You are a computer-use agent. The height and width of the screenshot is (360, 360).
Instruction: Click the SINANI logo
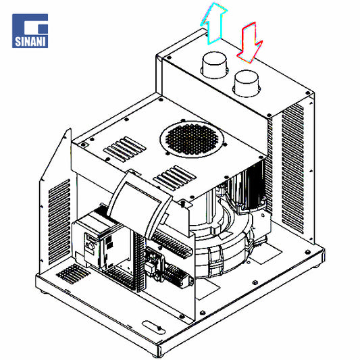click(30, 31)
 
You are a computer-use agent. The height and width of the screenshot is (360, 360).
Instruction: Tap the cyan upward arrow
click(213, 23)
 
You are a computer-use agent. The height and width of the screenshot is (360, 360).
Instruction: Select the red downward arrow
click(250, 43)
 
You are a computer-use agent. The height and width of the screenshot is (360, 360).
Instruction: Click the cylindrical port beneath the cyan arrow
click(214, 66)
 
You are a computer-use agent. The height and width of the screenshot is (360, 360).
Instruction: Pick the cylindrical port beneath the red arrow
click(247, 84)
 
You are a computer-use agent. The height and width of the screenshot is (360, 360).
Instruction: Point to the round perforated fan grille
click(192, 139)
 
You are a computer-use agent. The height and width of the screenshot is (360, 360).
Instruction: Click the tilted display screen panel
click(139, 204)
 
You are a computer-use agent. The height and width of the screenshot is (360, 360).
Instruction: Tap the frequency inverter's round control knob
click(91, 247)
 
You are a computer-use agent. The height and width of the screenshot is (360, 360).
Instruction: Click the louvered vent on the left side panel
click(59, 222)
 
